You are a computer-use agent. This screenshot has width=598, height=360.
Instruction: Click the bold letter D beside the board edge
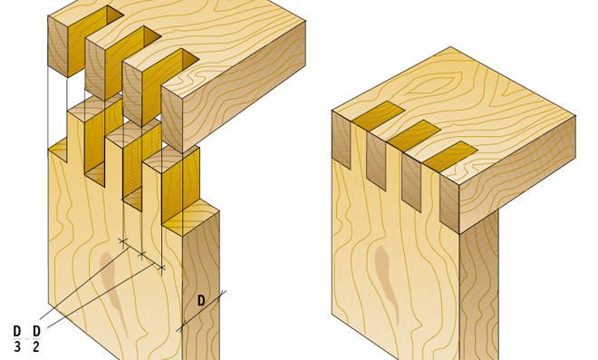point(201,301)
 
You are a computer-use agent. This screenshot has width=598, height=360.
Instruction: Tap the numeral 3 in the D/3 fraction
point(17,346)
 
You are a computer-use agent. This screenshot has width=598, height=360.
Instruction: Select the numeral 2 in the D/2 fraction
point(36,346)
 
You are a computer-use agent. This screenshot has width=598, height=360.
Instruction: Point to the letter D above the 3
point(17,331)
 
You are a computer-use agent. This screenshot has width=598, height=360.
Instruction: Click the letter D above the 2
point(36,331)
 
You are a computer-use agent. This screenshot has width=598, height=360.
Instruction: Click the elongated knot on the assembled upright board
point(386,283)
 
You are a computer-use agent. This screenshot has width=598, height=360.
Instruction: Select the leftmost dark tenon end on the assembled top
point(378,113)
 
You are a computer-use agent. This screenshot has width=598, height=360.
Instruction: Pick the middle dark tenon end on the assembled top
point(414,133)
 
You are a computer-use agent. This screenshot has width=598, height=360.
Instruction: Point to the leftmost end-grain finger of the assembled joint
point(342,139)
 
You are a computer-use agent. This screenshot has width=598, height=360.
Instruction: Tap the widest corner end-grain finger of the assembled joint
point(449,203)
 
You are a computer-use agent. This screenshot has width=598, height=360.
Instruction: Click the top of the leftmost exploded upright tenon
point(94,104)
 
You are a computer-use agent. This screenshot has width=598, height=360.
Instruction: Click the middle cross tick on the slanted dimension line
point(142,254)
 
